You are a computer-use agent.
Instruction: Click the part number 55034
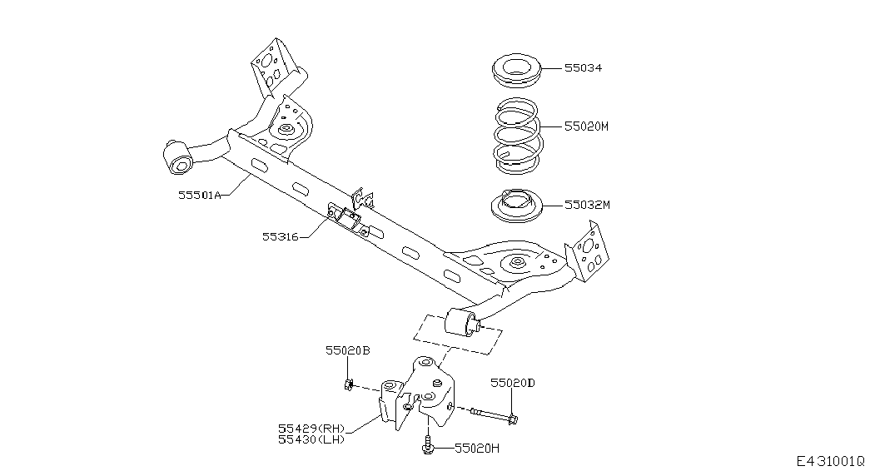[583, 68]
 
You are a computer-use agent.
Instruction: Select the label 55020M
[586, 126]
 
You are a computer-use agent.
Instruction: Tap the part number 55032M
[587, 205]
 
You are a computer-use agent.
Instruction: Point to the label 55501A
[200, 195]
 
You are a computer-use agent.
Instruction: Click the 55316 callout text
[281, 237]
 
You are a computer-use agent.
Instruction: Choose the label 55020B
[348, 350]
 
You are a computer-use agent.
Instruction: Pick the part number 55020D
[513, 383]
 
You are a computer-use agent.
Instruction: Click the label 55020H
[477, 449]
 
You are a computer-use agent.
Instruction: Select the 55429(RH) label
[311, 429]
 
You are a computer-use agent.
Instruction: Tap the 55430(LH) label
[311, 439]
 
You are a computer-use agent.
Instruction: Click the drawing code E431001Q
[831, 461]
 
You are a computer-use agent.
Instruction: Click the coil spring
[517, 136]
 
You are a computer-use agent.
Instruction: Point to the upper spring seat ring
[516, 69]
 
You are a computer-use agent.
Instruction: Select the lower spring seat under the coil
[516, 206]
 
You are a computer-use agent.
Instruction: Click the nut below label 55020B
[349, 384]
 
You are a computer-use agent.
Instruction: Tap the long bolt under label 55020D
[495, 415]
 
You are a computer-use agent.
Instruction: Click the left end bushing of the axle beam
[178, 157]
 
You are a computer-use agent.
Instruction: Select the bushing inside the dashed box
[461, 324]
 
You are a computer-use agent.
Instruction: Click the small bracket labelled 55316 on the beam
[347, 218]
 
